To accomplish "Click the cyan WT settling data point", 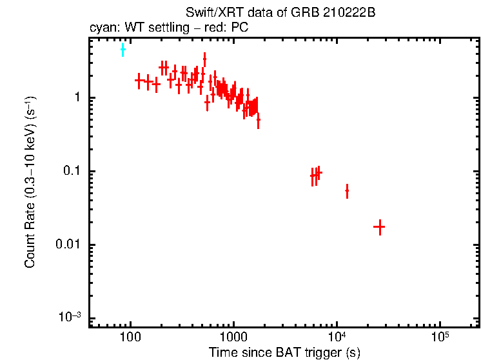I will [x=123, y=50].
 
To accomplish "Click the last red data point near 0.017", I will [x=379, y=227].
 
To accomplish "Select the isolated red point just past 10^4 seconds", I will [x=347, y=191].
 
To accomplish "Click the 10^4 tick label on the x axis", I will [x=337, y=337].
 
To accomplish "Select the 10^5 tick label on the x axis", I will [x=440, y=337].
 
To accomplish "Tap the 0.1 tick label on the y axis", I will [x=72, y=172].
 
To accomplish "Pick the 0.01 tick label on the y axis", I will [x=70, y=245].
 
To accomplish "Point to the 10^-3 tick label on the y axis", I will [x=70, y=317].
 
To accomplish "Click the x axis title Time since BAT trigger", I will [x=284, y=352].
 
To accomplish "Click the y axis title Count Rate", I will [x=30, y=182].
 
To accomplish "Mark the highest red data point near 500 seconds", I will [x=204, y=59].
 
